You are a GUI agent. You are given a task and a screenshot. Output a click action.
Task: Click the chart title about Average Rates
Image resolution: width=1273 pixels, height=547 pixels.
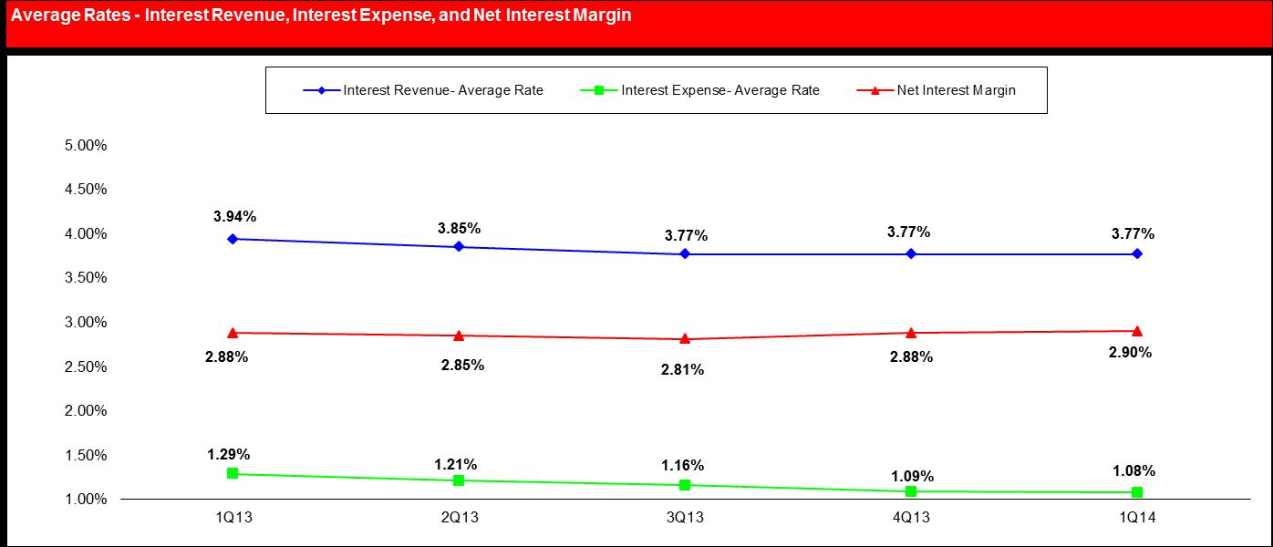[318, 15]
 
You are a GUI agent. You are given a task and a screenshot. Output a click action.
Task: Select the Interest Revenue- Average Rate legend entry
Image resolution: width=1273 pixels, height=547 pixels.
[443, 90]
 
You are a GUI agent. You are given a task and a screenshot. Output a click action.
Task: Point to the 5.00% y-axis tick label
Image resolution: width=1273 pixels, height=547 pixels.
[87, 145]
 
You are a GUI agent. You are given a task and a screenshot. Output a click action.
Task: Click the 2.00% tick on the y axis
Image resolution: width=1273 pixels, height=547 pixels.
[87, 410]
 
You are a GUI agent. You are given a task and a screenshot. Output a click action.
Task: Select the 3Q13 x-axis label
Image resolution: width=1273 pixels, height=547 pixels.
[685, 518]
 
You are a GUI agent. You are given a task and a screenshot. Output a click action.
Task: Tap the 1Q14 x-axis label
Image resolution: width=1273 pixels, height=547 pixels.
[1137, 518]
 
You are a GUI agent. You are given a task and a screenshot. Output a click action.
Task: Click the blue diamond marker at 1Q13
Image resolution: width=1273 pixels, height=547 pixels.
[233, 239]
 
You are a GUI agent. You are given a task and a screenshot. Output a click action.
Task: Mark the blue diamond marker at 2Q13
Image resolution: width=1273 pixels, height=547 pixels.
[459, 246]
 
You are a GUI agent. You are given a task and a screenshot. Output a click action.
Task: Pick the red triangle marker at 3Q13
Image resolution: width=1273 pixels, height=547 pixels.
[685, 338]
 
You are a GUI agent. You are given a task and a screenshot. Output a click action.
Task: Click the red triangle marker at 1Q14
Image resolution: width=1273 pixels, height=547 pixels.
[1137, 331]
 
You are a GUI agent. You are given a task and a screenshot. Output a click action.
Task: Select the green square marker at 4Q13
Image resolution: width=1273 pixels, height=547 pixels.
[911, 491]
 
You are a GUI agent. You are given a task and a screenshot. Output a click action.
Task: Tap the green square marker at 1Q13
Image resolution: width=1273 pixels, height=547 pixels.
[233, 473]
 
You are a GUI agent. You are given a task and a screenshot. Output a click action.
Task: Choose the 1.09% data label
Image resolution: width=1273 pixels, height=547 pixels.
[911, 476]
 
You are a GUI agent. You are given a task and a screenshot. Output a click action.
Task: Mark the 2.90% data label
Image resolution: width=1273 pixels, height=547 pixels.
[1131, 353]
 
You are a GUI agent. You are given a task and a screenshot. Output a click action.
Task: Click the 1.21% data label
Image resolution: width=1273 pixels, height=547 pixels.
[455, 464]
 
